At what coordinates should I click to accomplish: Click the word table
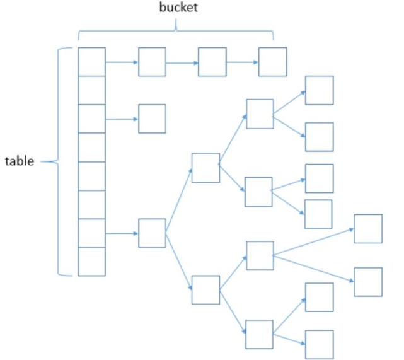click(20, 161)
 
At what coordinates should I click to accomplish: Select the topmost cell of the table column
click(91, 61)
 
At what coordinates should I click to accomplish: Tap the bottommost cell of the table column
click(91, 261)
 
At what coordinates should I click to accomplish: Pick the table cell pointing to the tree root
click(91, 233)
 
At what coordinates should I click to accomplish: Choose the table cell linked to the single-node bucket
click(91, 119)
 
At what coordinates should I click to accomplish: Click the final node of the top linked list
click(272, 62)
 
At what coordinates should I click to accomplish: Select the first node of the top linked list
click(152, 62)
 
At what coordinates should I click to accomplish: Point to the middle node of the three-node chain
click(212, 62)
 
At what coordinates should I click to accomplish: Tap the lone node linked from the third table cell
click(152, 119)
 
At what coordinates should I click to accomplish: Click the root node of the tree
click(152, 233)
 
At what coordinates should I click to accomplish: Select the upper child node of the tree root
click(205, 168)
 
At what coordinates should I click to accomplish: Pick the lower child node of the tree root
click(205, 289)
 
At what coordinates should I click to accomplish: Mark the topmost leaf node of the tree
click(319, 90)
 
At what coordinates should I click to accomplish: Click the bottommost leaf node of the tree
click(319, 344)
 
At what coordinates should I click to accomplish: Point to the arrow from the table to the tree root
click(122, 233)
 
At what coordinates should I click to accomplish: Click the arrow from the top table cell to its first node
click(122, 62)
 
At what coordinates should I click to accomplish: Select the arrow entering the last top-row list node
click(242, 62)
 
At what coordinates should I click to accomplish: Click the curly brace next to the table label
click(61, 161)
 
